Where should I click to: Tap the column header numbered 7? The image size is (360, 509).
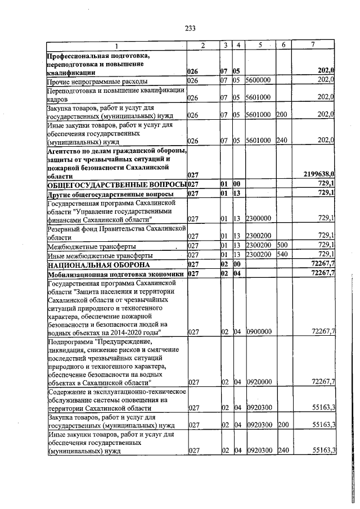tap(313, 45)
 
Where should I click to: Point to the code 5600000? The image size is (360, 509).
tap(259, 80)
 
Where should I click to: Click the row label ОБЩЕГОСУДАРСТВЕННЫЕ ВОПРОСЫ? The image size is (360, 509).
tap(116, 184)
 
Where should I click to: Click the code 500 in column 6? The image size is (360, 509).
tap(282, 245)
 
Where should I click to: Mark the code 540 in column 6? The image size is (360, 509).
tap(282, 254)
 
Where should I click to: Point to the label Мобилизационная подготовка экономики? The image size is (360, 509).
tap(115, 273)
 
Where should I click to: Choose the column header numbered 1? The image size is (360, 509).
tap(116, 45)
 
